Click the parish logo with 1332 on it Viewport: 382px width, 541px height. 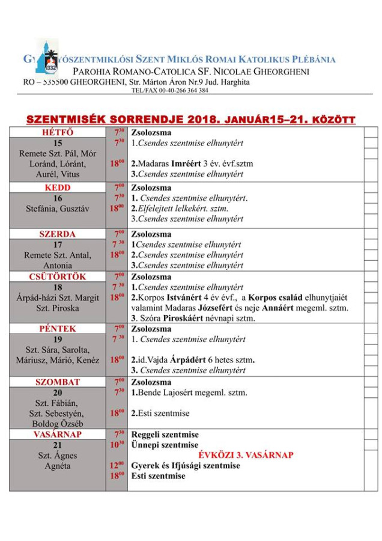pyautogui.click(x=47, y=57)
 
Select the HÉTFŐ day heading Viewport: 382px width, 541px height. pyautogui.click(x=58, y=132)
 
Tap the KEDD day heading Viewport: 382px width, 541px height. pyautogui.click(x=58, y=188)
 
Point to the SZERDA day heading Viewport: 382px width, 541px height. pyautogui.click(x=58, y=234)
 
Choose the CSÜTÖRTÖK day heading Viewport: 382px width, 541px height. pyautogui.click(x=58, y=277)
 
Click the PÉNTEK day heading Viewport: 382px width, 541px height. pyautogui.click(x=58, y=329)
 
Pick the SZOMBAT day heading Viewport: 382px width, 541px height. pyautogui.click(x=58, y=382)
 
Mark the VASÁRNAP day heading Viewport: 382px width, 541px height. pyautogui.click(x=58, y=434)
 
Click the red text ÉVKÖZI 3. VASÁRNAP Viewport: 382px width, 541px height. pyautogui.click(x=247, y=455)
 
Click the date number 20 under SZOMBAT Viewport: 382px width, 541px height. pyautogui.click(x=58, y=393)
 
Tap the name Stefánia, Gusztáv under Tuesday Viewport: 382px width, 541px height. pyautogui.click(x=58, y=209)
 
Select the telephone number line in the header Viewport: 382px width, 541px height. pyautogui.click(x=170, y=91)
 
